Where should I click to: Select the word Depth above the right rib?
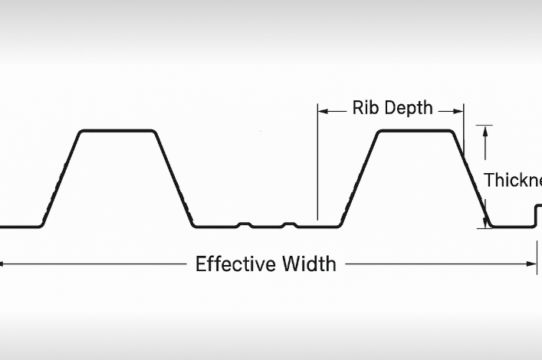click(x=409, y=108)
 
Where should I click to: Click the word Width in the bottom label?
click(x=310, y=264)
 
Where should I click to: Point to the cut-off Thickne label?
click(x=513, y=181)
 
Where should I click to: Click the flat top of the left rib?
click(x=118, y=131)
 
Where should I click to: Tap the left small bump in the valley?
click(x=245, y=224)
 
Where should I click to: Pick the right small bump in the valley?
click(x=289, y=224)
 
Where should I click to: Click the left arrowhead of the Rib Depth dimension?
click(x=322, y=111)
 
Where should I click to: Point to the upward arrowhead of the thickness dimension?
click(x=485, y=130)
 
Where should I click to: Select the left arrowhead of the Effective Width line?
click(x=2, y=264)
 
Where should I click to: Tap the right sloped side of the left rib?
click(x=174, y=179)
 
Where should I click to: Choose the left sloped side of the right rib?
click(x=359, y=179)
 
